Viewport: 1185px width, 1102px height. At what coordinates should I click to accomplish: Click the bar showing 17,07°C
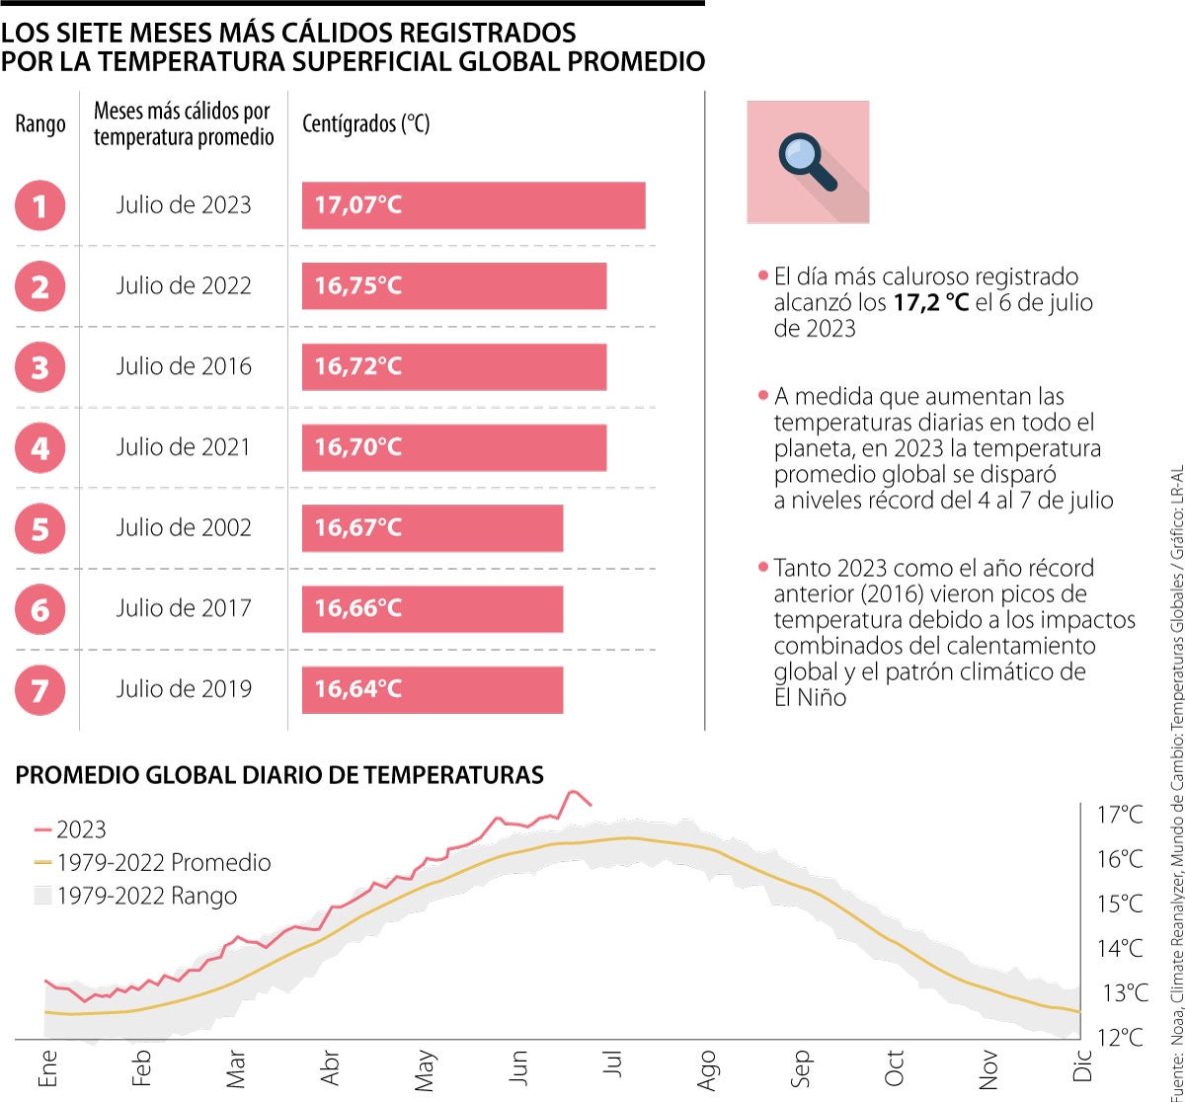point(473,205)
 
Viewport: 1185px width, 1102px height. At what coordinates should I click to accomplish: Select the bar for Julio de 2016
point(453,366)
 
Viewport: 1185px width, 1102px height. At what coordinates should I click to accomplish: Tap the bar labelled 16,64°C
point(432,689)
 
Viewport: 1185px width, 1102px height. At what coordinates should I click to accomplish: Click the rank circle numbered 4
point(40,448)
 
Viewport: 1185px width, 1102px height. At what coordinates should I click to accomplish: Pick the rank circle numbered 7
point(40,689)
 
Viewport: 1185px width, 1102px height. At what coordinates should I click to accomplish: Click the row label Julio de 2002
point(184,527)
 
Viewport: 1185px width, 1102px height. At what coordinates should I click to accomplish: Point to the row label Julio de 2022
point(184,286)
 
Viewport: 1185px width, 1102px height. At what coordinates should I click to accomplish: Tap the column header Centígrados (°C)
point(365,124)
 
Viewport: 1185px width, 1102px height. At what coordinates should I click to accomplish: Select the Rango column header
point(40,124)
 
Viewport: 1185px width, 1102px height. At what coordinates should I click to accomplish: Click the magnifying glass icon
point(808,162)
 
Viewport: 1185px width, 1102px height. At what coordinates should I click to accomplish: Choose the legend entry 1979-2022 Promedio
point(163,862)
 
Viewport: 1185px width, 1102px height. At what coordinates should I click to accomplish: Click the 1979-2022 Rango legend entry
point(146,896)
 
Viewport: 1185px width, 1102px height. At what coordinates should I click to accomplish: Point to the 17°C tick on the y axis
point(1120,815)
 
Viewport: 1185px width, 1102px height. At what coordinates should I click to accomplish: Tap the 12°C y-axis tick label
point(1120,1038)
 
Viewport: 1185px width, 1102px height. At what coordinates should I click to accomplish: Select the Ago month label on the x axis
point(707,1072)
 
